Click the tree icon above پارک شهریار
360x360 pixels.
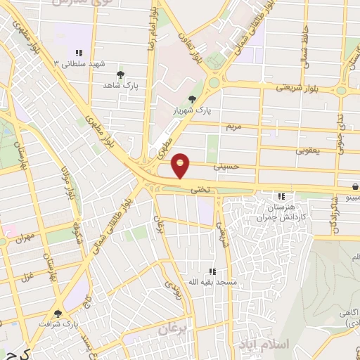pos(193,100)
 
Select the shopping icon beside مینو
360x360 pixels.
pos(356,187)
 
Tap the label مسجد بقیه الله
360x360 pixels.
pos(210,281)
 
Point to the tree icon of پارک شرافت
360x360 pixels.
pos(58,314)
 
